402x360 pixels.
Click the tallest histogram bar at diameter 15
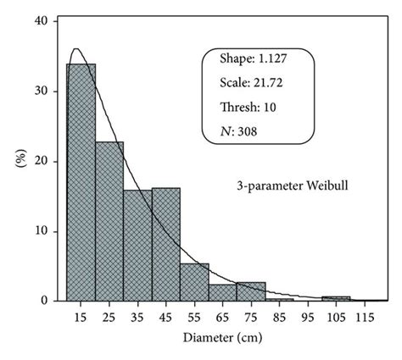[x=81, y=182]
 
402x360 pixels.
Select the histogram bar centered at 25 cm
[x=109, y=221]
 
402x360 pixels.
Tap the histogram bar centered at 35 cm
[x=137, y=246]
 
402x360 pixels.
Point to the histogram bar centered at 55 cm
[x=194, y=282]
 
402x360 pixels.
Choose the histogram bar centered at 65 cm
[x=222, y=292]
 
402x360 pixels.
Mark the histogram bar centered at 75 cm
[x=251, y=291]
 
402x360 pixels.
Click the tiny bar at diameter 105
[x=336, y=298]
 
